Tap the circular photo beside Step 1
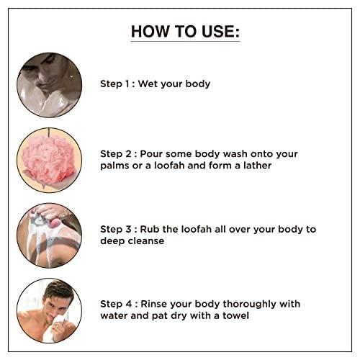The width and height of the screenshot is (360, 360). [x=49, y=85]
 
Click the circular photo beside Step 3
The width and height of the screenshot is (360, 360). [x=49, y=235]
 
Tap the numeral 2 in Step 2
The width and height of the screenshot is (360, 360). [x=128, y=154]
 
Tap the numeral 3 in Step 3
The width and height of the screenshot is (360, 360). [x=128, y=229]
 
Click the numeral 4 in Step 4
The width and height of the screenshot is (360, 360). [x=129, y=304]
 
